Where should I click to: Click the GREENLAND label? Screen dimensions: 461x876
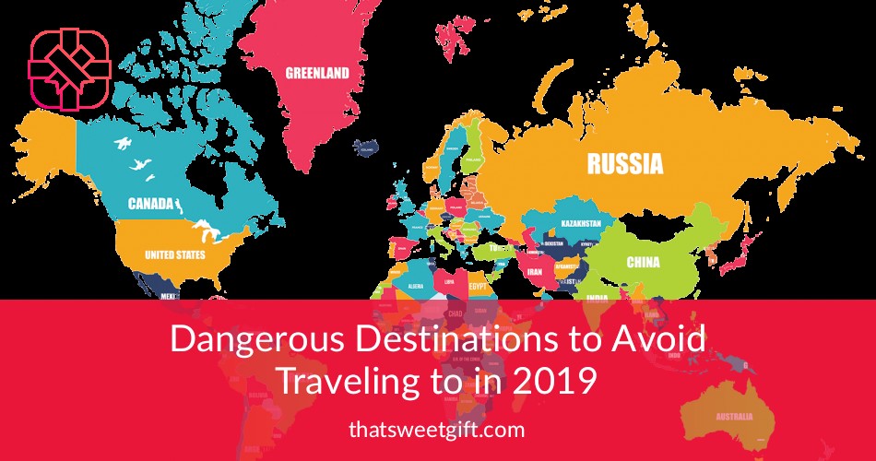[317, 73]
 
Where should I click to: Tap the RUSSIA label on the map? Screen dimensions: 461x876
[624, 165]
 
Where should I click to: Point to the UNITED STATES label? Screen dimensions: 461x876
[175, 254]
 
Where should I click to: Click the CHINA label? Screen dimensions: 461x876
[643, 262]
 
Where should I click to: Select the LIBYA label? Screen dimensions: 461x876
[449, 282]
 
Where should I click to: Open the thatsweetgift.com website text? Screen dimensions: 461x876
[437, 429]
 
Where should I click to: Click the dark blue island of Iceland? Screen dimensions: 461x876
[369, 146]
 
